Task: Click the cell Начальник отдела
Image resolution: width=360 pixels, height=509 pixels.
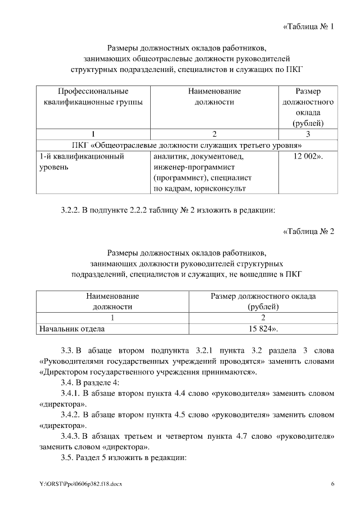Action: (70, 327)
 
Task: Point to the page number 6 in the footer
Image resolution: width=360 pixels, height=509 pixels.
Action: (332, 484)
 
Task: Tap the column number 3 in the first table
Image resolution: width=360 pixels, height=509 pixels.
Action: (308, 133)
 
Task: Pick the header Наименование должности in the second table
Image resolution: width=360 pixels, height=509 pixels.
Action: (112, 301)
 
